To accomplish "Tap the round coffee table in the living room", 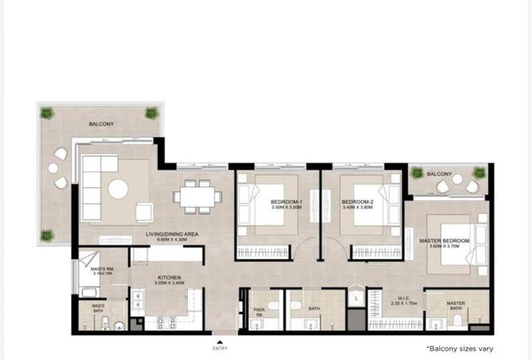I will click(118, 189).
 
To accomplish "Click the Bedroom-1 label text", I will click(287, 202).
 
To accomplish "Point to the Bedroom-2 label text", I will click(358, 202).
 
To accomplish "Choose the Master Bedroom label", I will click(444, 241).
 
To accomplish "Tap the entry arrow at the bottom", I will click(220, 342).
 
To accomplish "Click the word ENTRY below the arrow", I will click(220, 349).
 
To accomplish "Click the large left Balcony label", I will click(101, 124).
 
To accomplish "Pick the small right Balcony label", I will click(440, 174).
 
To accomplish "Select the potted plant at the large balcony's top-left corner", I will click(47, 112).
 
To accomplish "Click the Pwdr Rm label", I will click(259, 311).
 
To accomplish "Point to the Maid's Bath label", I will click(98, 307).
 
